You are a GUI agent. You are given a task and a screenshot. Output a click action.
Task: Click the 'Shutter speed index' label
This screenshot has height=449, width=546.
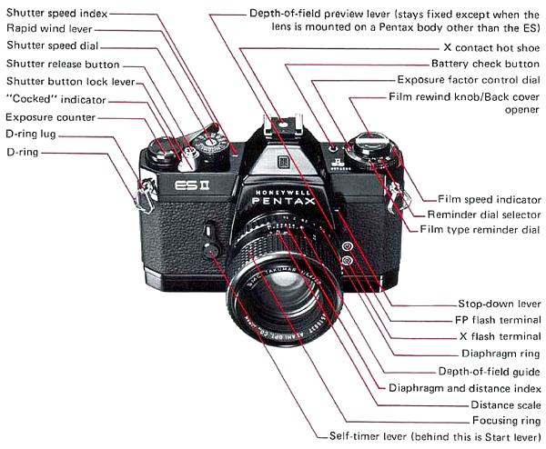[56, 14]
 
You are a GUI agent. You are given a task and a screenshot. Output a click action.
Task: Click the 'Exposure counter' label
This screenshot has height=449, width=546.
[49, 117]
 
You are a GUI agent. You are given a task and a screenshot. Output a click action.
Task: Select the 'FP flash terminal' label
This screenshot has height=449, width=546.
[499, 320]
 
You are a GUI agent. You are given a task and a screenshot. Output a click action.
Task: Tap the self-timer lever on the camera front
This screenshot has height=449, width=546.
[211, 244]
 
